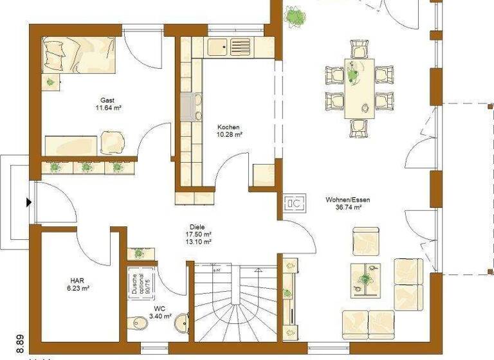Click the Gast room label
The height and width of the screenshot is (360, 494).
point(107,100)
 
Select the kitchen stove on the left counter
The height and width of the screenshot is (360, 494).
point(190,107)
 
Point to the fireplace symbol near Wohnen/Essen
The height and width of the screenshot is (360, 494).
point(295,204)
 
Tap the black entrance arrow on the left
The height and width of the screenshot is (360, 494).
point(28,203)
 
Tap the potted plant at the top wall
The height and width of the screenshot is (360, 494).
point(296,15)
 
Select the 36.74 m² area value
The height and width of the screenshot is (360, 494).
point(348,208)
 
